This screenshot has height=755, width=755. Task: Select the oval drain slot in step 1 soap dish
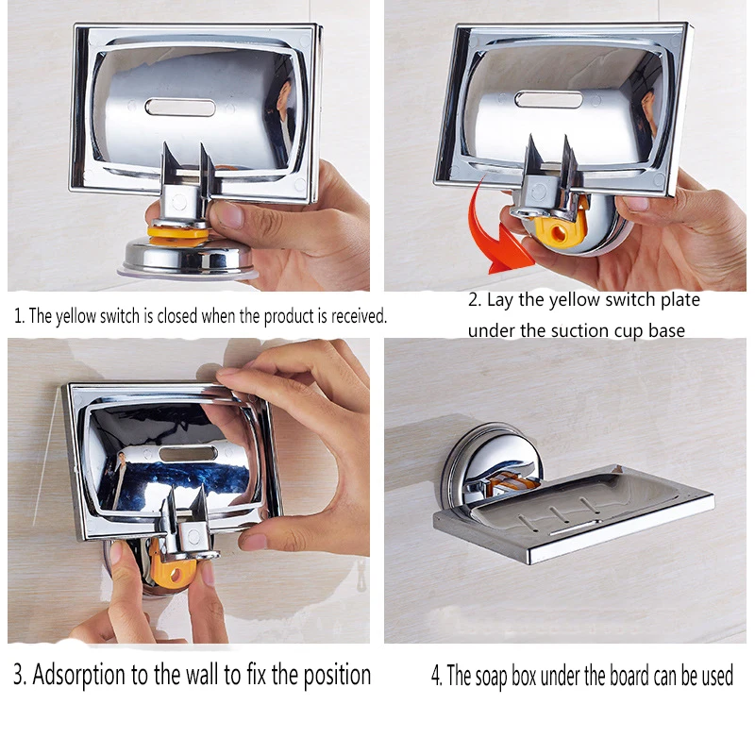pos(180,108)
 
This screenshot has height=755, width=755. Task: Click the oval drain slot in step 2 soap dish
pos(548,100)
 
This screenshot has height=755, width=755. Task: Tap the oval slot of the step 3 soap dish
pos(188,454)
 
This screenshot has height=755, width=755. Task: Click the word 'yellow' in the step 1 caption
pos(76,316)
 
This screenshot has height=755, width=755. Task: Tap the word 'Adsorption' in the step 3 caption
pos(79,675)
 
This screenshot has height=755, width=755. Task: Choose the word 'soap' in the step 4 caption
pos(491,676)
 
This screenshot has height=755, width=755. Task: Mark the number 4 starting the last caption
pos(436,675)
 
